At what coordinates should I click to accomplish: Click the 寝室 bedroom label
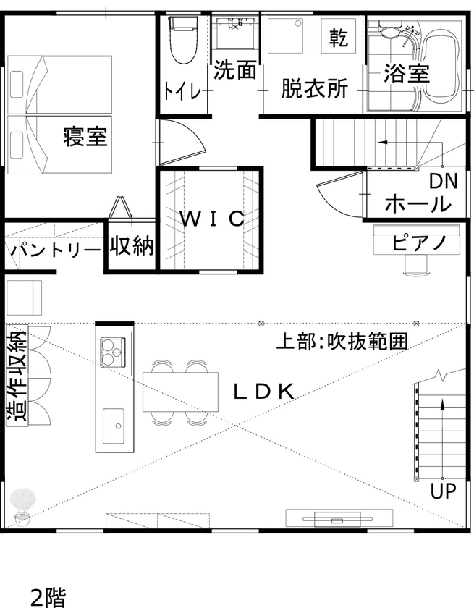click(x=85, y=135)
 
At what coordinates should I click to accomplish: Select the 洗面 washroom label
click(x=235, y=71)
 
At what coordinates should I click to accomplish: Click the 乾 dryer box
click(x=338, y=36)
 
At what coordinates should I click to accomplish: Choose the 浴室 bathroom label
click(x=407, y=73)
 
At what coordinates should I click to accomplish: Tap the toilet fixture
click(x=182, y=41)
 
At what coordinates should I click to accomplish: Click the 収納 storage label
click(x=132, y=246)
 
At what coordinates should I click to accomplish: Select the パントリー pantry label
click(x=55, y=251)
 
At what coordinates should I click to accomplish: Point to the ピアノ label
click(x=418, y=242)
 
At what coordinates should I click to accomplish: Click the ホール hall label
click(x=418, y=204)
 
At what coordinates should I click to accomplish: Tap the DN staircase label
click(x=443, y=181)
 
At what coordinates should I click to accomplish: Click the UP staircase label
click(x=443, y=491)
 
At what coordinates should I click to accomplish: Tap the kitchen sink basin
click(x=113, y=426)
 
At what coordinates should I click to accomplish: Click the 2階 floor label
click(x=48, y=596)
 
